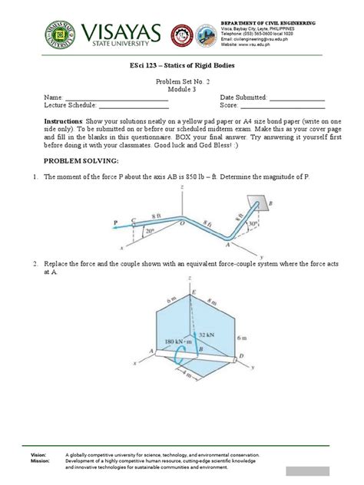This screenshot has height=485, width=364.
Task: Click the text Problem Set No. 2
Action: pyautogui.click(x=181, y=82)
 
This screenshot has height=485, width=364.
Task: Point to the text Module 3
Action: pyautogui.click(x=181, y=91)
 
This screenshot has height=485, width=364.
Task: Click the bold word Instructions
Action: pyautogui.click(x=64, y=122)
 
